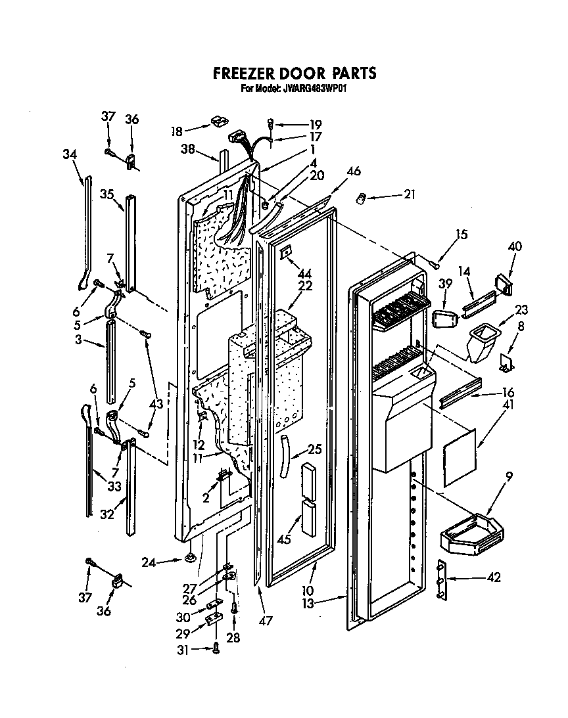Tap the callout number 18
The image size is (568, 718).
coord(176,130)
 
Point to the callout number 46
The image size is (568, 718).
coord(354,172)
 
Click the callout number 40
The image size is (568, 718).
coord(515,247)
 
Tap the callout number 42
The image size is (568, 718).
coord(494,577)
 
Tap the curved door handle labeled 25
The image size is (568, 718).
coord(285,457)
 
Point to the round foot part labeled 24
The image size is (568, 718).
coord(191,559)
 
